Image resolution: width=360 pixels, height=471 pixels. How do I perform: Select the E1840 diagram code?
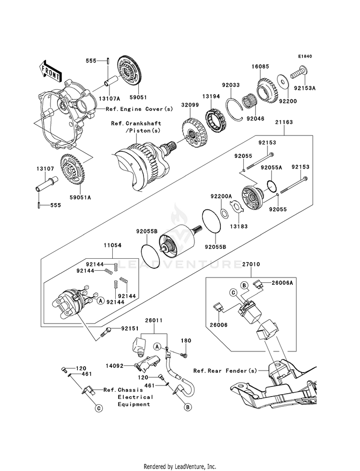pyautogui.click(x=305, y=57)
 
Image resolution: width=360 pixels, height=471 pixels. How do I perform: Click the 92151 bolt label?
pyautogui.click(x=130, y=329)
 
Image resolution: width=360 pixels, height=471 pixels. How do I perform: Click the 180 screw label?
pyautogui.click(x=186, y=340)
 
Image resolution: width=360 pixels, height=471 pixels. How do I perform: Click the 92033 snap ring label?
pyautogui.click(x=230, y=85)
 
